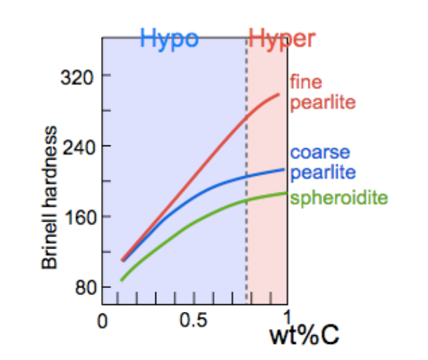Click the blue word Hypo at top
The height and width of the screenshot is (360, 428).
point(170,39)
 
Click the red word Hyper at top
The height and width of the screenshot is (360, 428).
point(281,39)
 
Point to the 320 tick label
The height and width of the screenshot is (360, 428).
point(79,76)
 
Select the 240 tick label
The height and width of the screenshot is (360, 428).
point(79,146)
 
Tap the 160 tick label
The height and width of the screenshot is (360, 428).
point(79,217)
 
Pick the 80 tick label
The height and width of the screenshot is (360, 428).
point(83,287)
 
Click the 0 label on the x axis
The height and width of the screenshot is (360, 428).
point(102,321)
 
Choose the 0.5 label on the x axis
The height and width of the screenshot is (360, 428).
point(193,321)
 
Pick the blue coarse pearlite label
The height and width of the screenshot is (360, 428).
point(321,162)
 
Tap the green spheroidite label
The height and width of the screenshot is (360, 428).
point(339,198)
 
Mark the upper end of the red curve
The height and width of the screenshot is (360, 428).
point(280,94)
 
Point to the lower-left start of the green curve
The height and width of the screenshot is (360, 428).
point(121,281)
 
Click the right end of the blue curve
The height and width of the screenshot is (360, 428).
point(284,169)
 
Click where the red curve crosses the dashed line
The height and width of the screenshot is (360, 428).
point(246,117)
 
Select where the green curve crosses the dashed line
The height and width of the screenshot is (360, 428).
point(246,200)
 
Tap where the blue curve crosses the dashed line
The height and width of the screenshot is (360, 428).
point(246,176)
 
